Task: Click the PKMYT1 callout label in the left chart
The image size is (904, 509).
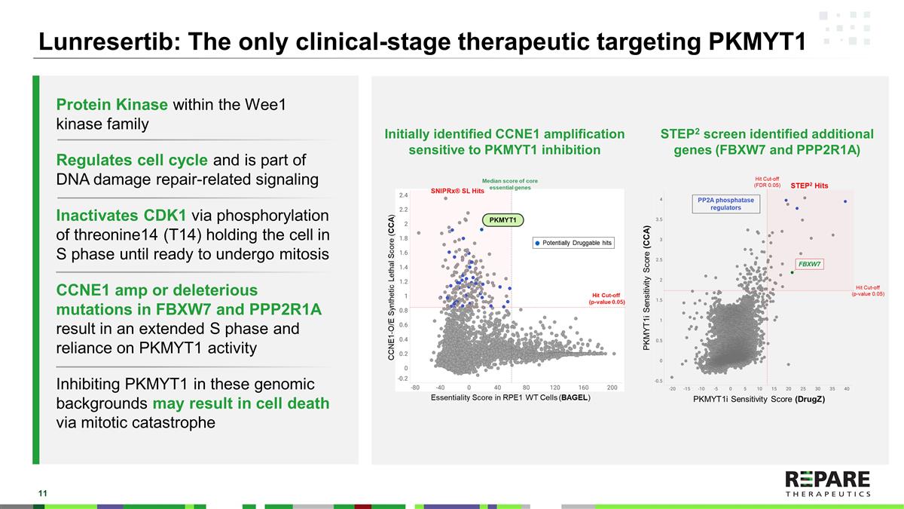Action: (502, 219)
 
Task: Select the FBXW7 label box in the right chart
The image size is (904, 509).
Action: (809, 264)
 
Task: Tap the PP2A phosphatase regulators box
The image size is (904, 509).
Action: (725, 204)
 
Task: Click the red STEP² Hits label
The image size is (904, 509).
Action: (809, 185)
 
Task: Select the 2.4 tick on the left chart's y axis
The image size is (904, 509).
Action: (404, 195)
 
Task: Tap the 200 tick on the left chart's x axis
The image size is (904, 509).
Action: (612, 388)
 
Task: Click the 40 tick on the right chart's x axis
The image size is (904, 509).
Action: (846, 389)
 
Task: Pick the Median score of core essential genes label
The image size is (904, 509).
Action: (509, 184)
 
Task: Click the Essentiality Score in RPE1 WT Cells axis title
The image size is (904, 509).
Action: (510, 397)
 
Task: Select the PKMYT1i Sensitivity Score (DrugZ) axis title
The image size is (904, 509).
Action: (759, 399)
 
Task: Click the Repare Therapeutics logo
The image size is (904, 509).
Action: (827, 483)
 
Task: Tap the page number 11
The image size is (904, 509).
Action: (43, 493)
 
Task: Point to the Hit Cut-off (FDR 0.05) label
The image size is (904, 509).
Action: (766, 182)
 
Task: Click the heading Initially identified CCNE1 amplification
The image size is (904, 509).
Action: (505, 133)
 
